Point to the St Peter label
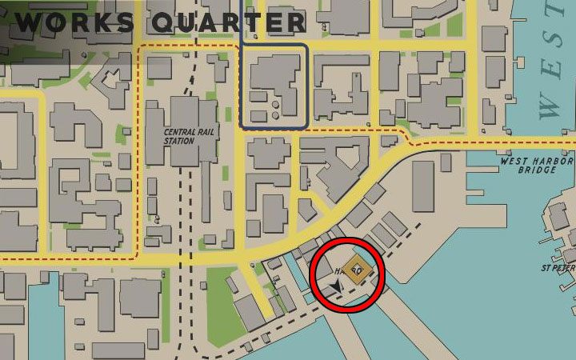[x=558, y=268]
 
